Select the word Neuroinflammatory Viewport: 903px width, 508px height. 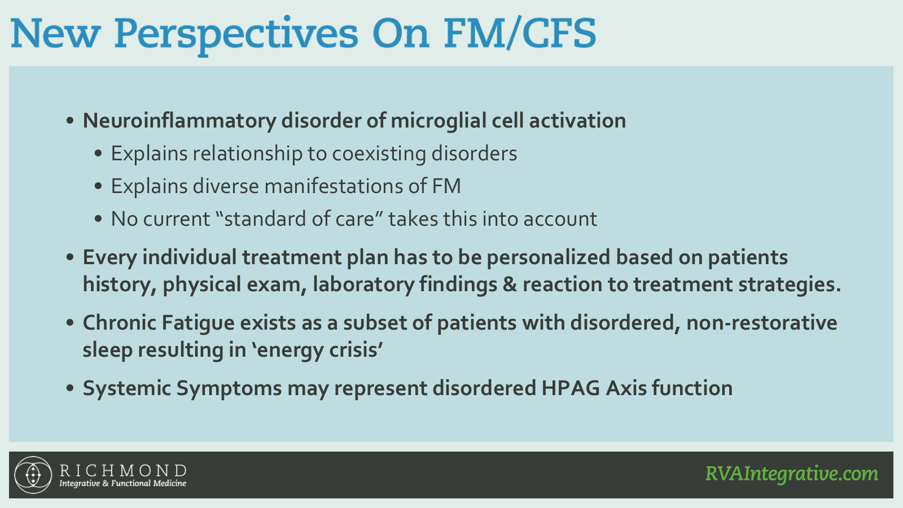pyautogui.click(x=179, y=121)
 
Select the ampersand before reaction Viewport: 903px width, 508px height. pyautogui.click(x=510, y=284)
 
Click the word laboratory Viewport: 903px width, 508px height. pyautogui.click(x=363, y=284)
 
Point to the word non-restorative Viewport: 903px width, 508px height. pyautogui.click(x=761, y=323)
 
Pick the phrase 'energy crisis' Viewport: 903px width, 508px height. pyautogui.click(x=318, y=350)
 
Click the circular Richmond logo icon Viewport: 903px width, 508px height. pyautogui.click(x=33, y=475)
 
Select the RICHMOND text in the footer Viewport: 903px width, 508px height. pyautogui.click(x=123, y=470)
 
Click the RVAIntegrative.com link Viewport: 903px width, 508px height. pyautogui.click(x=792, y=474)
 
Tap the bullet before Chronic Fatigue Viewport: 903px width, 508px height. pyautogui.click(x=70, y=323)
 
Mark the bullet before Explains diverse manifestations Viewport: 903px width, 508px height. pyautogui.click(x=98, y=186)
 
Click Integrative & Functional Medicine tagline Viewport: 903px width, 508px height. pyautogui.click(x=123, y=483)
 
